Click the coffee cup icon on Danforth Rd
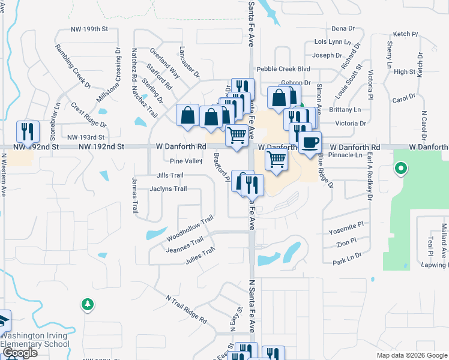[310, 143]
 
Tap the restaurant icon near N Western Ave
[28, 131]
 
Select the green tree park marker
[88, 305]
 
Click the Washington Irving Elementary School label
[35, 340]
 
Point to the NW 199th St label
[88, 28]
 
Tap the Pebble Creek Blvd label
[283, 69]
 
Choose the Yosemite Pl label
[346, 232]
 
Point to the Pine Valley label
[185, 161]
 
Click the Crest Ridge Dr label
[88, 116]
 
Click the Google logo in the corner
[20, 353]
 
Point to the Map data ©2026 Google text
[411, 355]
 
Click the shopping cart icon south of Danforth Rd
[276, 160]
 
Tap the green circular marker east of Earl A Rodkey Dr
[401, 169]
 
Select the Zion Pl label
[346, 244]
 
